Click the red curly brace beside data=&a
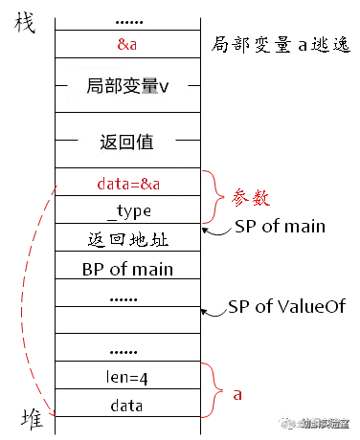point(210,196)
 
